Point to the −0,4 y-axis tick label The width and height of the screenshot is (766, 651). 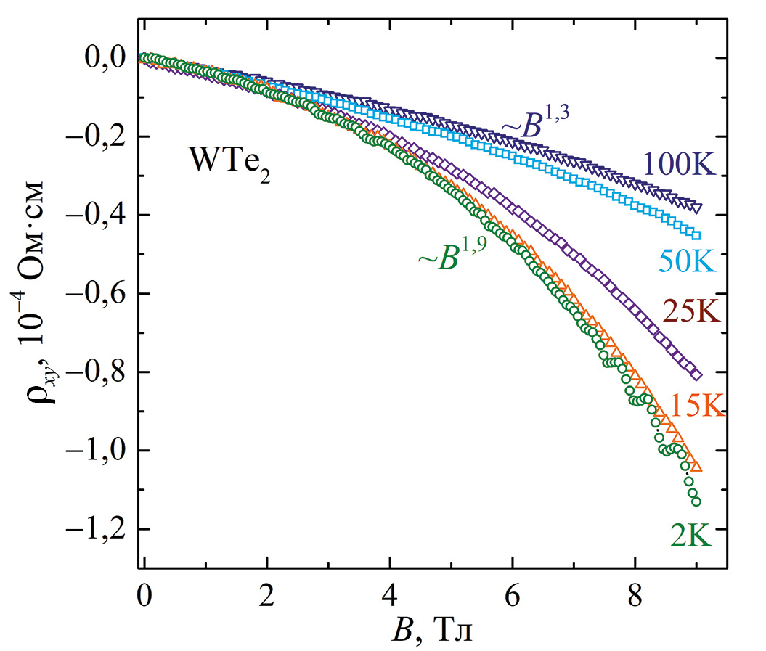pos(98,216)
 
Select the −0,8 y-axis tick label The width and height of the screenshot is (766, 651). pos(98,372)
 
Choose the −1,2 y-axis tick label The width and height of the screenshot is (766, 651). pos(98,530)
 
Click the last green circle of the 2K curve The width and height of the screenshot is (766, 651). pos(696,501)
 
